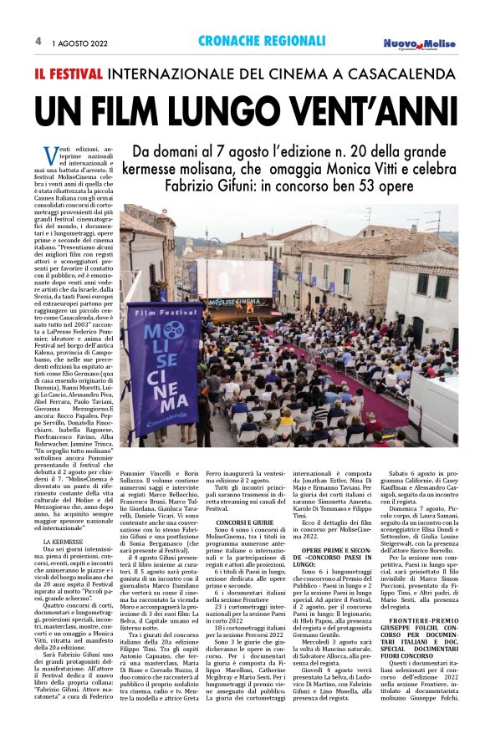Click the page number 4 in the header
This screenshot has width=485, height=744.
pos(38,40)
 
